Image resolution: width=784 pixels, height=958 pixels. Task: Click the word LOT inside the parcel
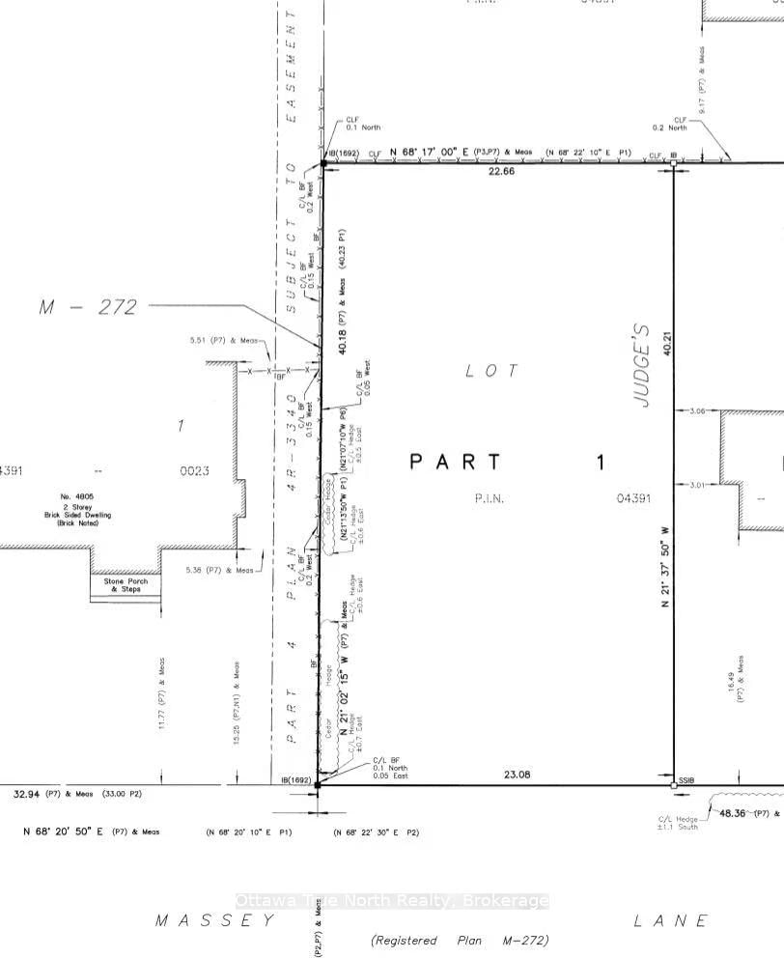pos(491,370)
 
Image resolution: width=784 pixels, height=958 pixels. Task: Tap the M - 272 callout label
pos(88,307)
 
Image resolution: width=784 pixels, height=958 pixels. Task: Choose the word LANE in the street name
pos(671,921)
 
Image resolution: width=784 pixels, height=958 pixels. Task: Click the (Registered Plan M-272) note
pos(459,940)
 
